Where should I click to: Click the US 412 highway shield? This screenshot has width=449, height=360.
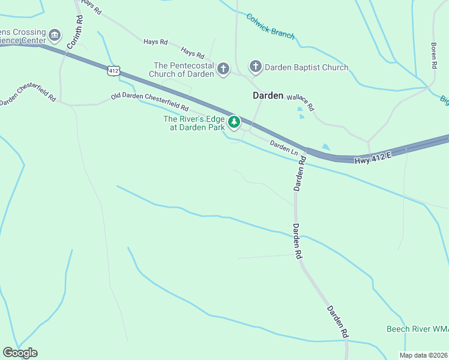pyautogui.click(x=113, y=71)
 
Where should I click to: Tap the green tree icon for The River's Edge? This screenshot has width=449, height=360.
pyautogui.click(x=234, y=123)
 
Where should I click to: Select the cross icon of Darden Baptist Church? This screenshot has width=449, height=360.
pyautogui.click(x=255, y=67)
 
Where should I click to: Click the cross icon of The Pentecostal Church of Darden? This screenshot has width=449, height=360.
pyautogui.click(x=223, y=69)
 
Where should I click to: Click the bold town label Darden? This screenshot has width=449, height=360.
pyautogui.click(x=268, y=95)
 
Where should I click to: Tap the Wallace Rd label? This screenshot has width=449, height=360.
pyautogui.click(x=300, y=102)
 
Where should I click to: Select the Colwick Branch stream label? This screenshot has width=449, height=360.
pyautogui.click(x=270, y=26)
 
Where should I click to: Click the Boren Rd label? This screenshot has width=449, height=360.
pyautogui.click(x=433, y=56)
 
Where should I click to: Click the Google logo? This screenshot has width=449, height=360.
pyautogui.click(x=20, y=353)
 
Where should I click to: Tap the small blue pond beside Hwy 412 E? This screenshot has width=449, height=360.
pyautogui.click(x=325, y=146)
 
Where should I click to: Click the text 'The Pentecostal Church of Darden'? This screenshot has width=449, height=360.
pyautogui.click(x=184, y=70)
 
